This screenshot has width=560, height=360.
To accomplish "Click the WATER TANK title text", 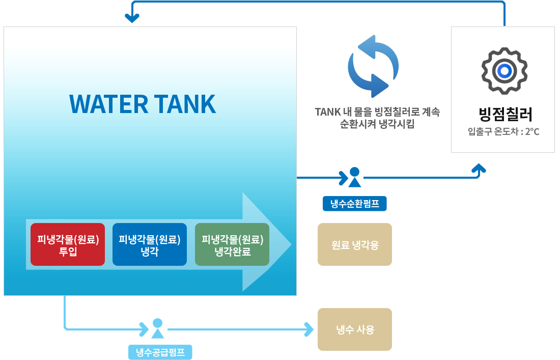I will click(143, 104).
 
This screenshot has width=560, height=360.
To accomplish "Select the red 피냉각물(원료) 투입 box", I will click(68, 244).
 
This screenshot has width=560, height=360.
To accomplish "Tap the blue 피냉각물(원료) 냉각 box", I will click(150, 244).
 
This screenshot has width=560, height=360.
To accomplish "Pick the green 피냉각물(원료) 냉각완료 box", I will click(232, 244).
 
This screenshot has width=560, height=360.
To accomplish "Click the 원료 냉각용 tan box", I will click(355, 244).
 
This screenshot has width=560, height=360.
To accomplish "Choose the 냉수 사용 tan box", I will click(355, 329).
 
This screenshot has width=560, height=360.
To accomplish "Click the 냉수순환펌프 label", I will click(355, 204).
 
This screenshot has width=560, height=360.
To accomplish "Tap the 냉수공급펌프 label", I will click(160, 352).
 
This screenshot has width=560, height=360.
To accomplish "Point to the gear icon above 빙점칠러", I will click(504, 71).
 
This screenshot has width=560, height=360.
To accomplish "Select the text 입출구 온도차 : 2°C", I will click(503, 132).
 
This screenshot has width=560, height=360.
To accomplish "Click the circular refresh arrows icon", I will click(373, 66).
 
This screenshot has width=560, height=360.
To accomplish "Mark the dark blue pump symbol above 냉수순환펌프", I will click(354, 177).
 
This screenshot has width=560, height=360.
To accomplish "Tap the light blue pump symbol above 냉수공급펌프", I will click(158, 328).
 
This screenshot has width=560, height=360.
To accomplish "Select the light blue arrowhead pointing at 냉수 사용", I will click(309, 329).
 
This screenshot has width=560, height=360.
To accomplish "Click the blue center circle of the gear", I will click(504, 71).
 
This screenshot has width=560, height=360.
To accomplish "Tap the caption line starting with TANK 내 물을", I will click(377, 112).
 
